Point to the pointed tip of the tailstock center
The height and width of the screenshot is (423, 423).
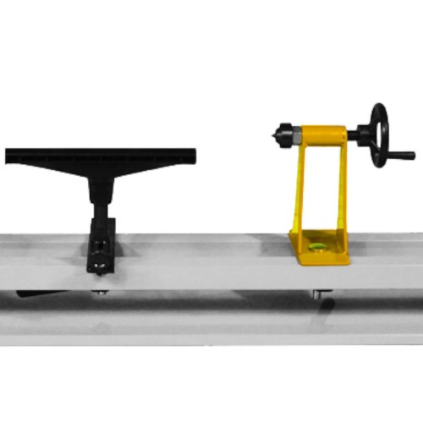tap(273, 134)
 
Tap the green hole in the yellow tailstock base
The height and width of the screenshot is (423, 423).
tap(318, 247)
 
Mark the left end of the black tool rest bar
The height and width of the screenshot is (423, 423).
tap(10, 156)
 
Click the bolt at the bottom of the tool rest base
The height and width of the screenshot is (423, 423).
tap(102, 269)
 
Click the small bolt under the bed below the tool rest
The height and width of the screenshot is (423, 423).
tap(102, 292)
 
